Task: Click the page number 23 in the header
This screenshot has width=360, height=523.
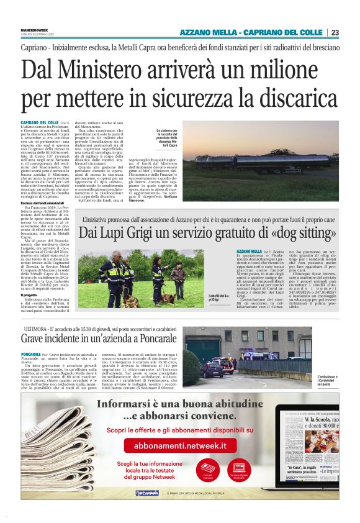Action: click(335, 32)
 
